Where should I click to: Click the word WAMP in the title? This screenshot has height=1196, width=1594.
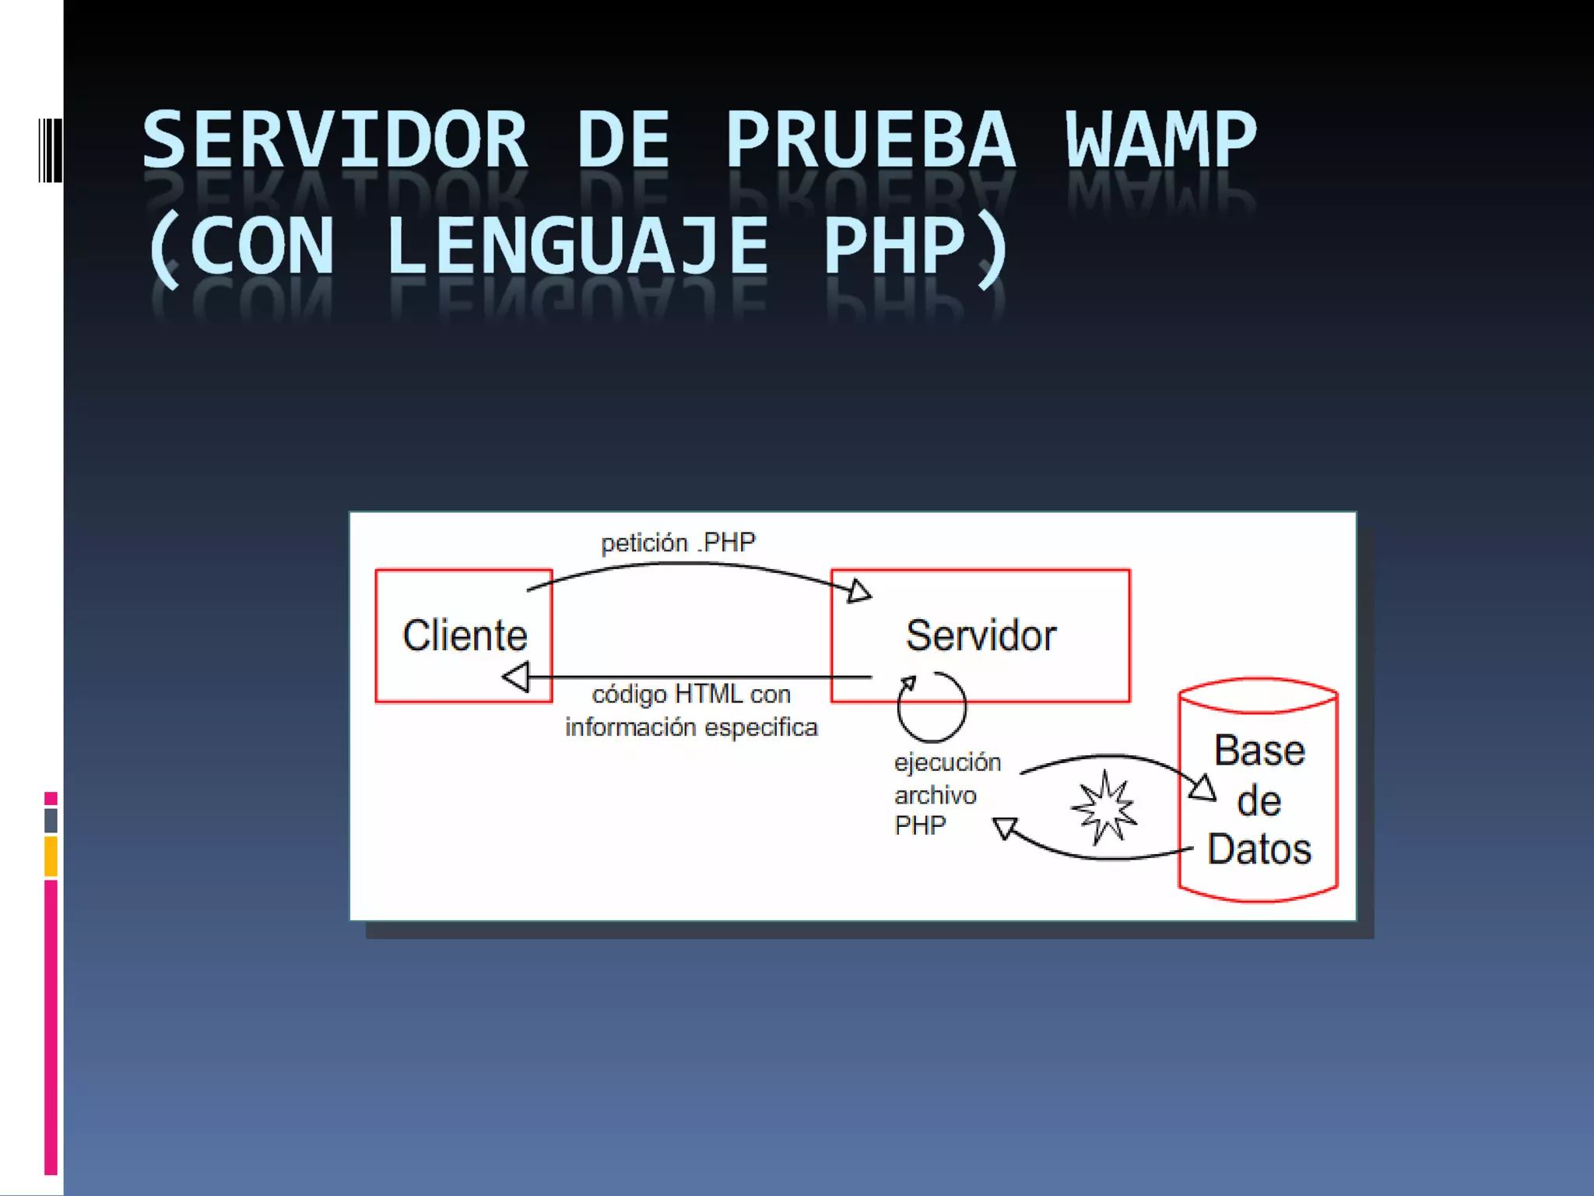1160,140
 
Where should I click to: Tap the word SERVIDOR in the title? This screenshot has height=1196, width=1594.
335,140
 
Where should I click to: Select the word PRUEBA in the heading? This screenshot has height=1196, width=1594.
870,140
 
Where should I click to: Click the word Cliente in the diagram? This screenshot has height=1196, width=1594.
465,635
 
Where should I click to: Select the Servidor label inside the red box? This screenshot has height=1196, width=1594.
981,635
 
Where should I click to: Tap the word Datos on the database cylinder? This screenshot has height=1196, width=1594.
1259,849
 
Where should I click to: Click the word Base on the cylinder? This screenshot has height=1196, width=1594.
1259,751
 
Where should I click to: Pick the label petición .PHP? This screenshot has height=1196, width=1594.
678,543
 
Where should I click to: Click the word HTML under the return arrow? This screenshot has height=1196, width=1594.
707,694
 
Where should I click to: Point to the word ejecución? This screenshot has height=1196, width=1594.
947,762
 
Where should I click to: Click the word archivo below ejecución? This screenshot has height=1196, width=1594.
935,795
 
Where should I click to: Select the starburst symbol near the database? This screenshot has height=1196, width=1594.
1104,808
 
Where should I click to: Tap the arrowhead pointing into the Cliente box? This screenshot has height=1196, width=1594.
516,677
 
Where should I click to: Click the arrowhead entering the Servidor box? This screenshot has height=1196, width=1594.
859,591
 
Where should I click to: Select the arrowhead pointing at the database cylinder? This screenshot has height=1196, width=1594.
1203,788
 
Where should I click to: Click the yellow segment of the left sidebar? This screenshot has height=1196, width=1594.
51,856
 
